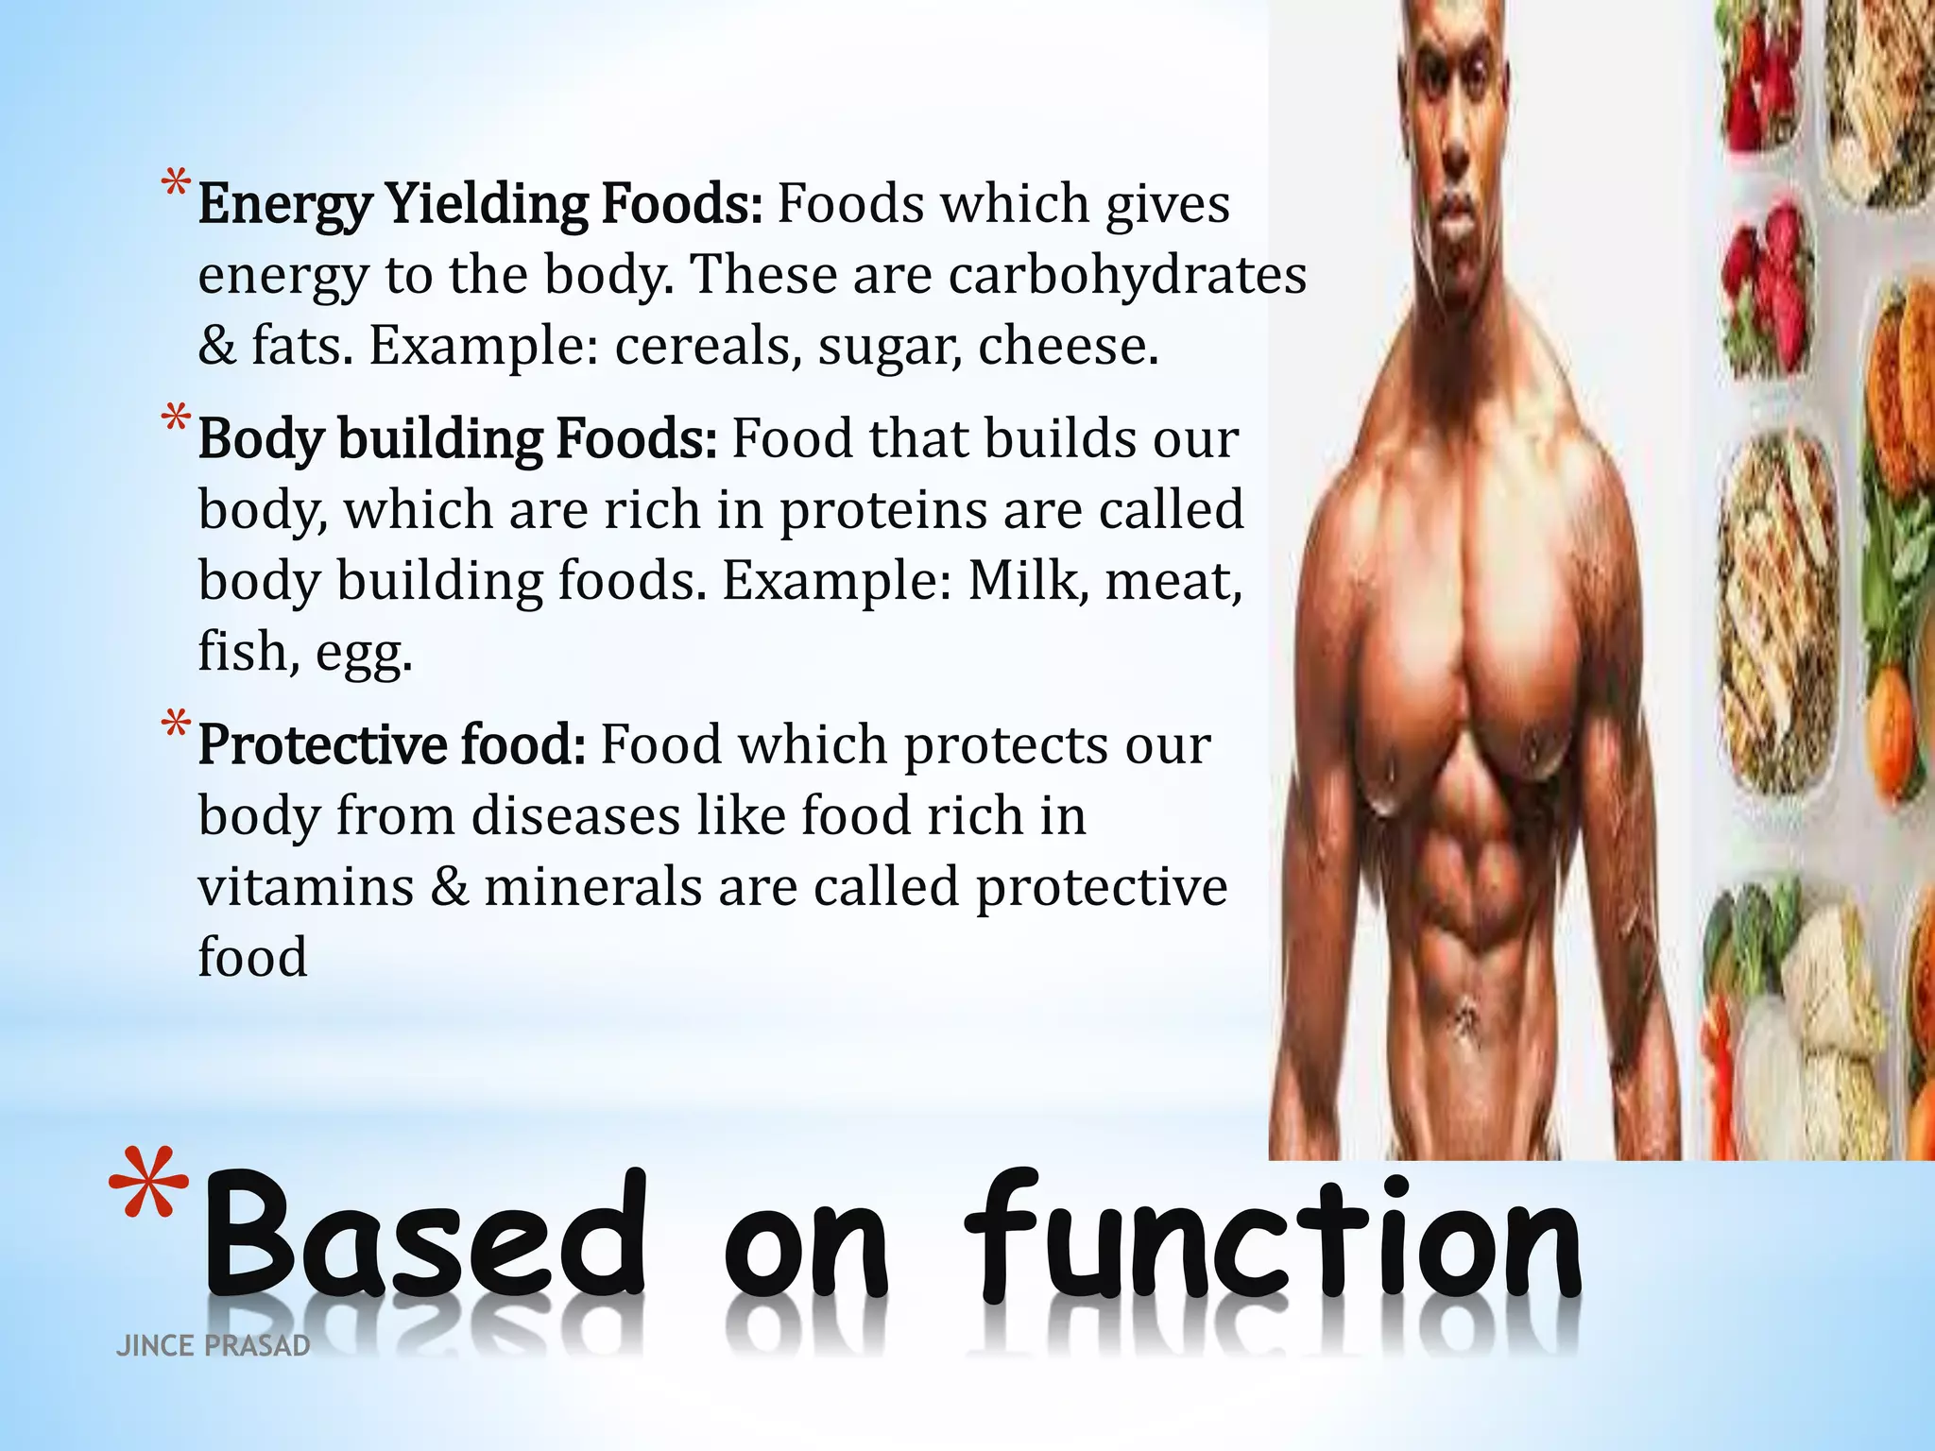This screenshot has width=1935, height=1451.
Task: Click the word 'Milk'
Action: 1024,580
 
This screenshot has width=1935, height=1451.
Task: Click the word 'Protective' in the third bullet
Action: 322,745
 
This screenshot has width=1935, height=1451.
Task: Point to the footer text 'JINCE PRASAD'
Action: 213,1346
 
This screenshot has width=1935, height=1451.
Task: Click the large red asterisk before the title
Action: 148,1183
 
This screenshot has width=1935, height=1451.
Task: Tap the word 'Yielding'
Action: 487,206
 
